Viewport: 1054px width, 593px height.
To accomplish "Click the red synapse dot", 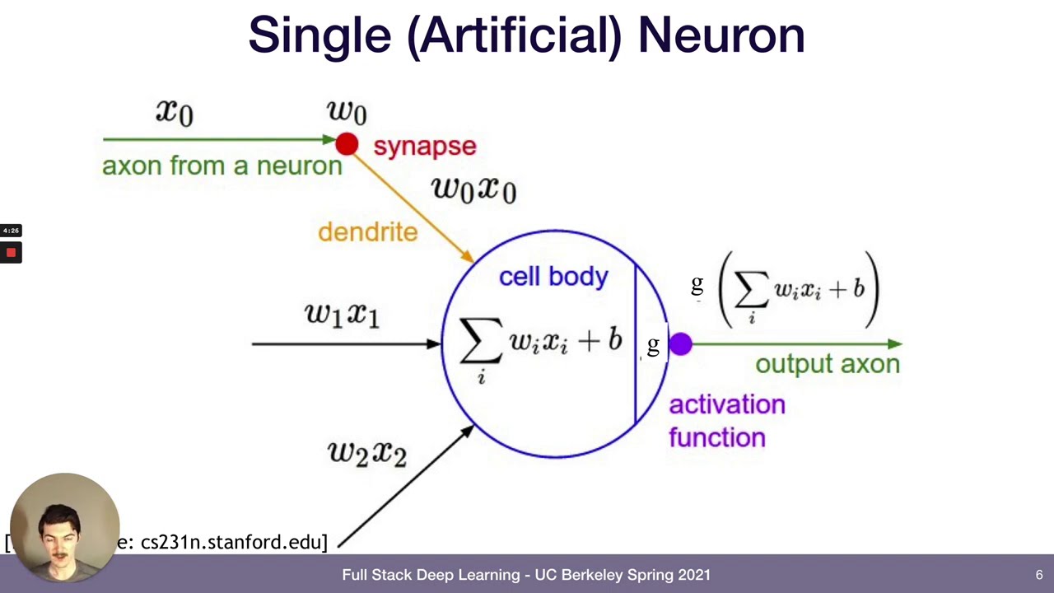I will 347,144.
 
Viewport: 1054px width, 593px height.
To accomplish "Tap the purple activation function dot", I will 680,344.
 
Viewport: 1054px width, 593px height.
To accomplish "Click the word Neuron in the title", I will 721,35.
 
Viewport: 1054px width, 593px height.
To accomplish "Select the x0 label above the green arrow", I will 175,111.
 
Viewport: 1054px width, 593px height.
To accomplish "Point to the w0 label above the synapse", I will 347,111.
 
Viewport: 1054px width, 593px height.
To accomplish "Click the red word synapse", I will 424,147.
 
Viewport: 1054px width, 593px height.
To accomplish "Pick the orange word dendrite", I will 367,232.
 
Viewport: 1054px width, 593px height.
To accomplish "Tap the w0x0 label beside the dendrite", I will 473,189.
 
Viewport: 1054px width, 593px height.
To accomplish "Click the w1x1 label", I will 342,314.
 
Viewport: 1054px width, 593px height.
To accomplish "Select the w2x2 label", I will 367,452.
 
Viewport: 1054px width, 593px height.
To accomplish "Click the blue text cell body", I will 553,277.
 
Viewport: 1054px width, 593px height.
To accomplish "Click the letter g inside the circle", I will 653,346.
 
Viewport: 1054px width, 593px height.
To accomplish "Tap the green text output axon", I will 827,364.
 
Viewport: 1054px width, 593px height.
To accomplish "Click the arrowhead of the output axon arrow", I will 895,344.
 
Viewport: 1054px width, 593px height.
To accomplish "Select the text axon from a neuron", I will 222,166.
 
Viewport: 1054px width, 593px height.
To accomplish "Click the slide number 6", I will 1039,575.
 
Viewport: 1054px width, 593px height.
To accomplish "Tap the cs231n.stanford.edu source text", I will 233,542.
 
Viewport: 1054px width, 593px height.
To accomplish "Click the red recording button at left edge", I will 11,253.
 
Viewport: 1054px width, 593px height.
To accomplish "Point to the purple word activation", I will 726,405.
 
